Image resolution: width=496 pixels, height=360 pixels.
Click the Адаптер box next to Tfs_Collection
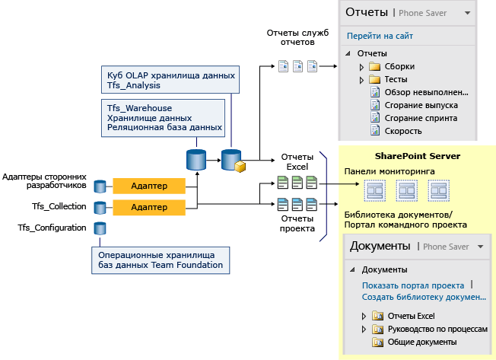point(149,207)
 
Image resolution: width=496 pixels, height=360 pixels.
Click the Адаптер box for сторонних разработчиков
point(149,186)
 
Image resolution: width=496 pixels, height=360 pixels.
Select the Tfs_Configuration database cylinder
point(100,228)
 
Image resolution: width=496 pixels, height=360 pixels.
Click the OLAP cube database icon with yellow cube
point(232,161)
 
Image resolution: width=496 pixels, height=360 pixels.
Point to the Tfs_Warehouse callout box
point(164,118)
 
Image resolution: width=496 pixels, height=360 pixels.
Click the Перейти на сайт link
point(380,36)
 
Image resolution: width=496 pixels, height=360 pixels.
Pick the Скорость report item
point(401,131)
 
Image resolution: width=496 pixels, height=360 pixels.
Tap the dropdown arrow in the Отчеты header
point(469,13)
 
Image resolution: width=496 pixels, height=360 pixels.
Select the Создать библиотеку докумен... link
point(422,298)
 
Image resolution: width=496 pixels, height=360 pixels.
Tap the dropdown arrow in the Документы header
point(479,247)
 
